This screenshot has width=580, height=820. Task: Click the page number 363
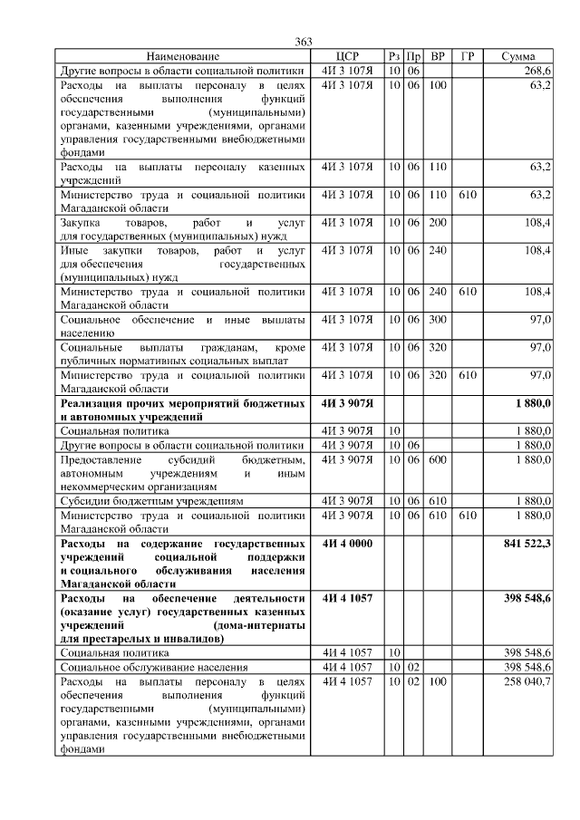(304, 43)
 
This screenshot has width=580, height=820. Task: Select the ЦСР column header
(347, 56)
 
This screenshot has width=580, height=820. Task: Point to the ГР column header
(468, 56)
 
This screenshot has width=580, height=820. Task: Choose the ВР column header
(438, 56)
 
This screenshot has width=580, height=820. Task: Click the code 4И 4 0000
(347, 542)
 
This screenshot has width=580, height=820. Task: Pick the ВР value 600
(438, 459)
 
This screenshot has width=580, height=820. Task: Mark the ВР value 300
(438, 319)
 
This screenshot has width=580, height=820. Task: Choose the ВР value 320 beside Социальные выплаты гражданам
(438, 347)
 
